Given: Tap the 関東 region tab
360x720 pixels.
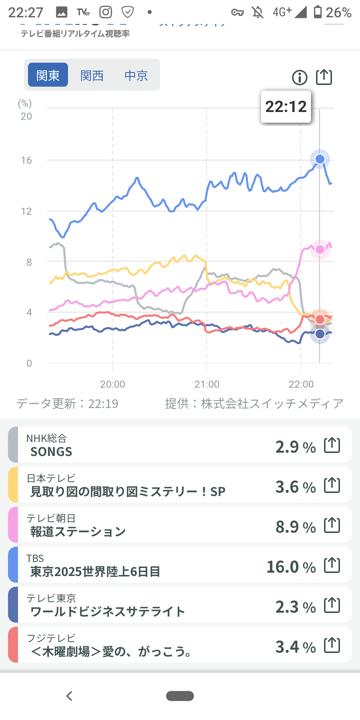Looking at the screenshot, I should point(48,75).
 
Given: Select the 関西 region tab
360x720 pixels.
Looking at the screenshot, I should point(92,75).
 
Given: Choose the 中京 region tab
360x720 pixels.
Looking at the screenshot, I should point(136,75).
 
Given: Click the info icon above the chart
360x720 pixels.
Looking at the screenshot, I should point(299,78).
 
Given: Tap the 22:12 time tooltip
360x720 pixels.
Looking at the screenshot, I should point(286,107).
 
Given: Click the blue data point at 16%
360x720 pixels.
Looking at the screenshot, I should point(320,159).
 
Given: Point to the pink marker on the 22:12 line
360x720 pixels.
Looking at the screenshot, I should point(320,249).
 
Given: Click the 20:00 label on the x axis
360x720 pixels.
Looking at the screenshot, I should point(113,384).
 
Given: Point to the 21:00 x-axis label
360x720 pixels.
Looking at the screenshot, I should point(207,384).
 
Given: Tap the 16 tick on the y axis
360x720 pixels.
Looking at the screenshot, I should point(26,160).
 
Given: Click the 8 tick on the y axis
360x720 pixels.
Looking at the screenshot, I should point(29,262).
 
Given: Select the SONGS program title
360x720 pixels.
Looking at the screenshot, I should point(51,452).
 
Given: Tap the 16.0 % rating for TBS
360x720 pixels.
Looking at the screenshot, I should point(291,567).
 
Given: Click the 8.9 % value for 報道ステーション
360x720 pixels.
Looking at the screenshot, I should point(295,527).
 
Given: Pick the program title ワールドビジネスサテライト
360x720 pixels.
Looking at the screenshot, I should point(108,612).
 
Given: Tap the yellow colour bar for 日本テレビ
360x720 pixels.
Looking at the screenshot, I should point(13,485).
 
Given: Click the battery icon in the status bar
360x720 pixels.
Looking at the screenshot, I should point(318,12).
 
